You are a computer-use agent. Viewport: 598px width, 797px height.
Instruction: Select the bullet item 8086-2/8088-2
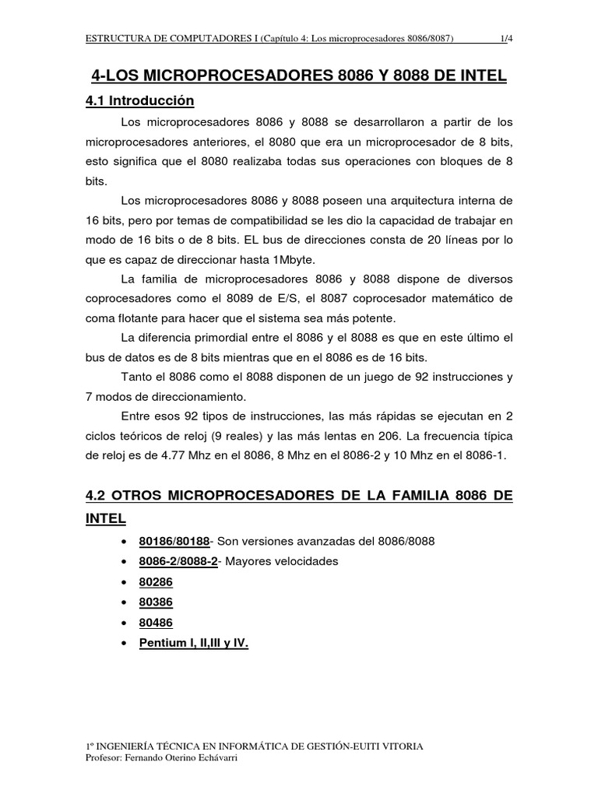[178, 562]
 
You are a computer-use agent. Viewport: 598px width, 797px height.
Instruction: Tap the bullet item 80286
[156, 582]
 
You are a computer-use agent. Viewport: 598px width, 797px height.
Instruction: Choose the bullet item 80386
[156, 602]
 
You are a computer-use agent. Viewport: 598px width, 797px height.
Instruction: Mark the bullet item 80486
[156, 623]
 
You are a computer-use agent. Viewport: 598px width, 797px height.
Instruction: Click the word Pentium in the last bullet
[163, 644]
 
